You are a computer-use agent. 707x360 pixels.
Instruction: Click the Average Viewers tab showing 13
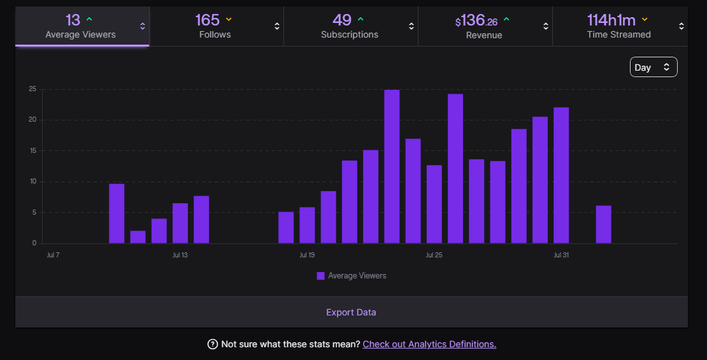[82, 26]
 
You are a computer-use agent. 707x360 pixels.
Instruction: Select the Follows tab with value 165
[217, 26]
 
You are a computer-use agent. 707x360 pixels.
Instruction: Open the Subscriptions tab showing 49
[351, 26]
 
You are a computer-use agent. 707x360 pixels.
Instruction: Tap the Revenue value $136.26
[476, 21]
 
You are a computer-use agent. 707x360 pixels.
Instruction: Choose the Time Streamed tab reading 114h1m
[620, 26]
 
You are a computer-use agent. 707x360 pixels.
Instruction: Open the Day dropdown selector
[653, 67]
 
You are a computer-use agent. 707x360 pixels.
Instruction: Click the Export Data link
[351, 312]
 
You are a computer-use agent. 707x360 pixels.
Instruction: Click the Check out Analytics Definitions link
[429, 344]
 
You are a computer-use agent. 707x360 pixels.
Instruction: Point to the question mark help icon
[212, 344]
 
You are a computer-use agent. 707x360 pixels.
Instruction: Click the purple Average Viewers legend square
[320, 276]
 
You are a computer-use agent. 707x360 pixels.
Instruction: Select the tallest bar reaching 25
[392, 166]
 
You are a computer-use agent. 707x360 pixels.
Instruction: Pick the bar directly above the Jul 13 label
[180, 223]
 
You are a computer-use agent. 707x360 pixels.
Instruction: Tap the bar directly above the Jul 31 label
[561, 175]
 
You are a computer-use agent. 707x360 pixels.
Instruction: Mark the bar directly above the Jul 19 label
[308, 225]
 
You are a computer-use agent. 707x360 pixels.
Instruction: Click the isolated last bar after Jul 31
[604, 225]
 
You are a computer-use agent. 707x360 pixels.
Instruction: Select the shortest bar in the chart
[138, 237]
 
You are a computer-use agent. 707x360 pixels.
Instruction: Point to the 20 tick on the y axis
[32, 120]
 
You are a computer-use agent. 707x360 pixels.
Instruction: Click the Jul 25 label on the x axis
[434, 255]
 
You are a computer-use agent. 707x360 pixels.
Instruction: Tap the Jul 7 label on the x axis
[54, 255]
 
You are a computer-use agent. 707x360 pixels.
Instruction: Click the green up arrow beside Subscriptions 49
[361, 19]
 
